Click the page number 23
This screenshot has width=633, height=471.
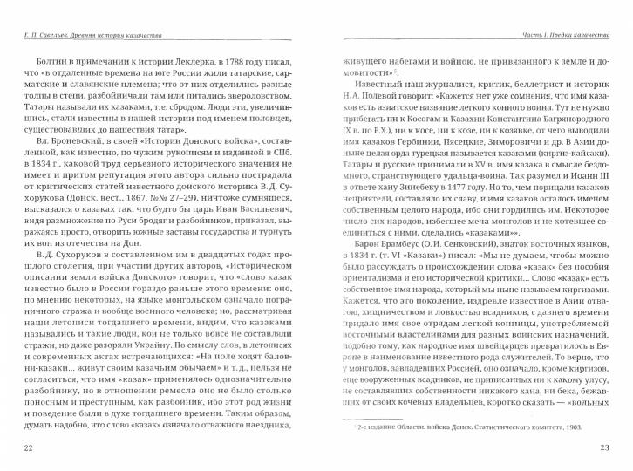[x=604, y=447]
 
